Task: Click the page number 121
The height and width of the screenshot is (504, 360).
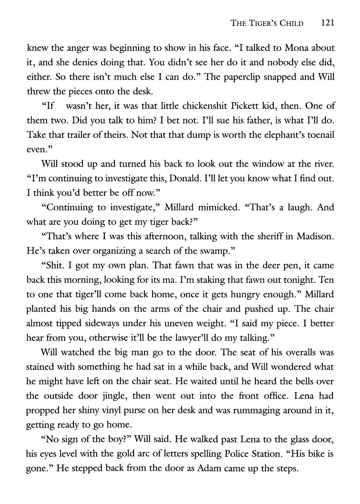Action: click(327, 23)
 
